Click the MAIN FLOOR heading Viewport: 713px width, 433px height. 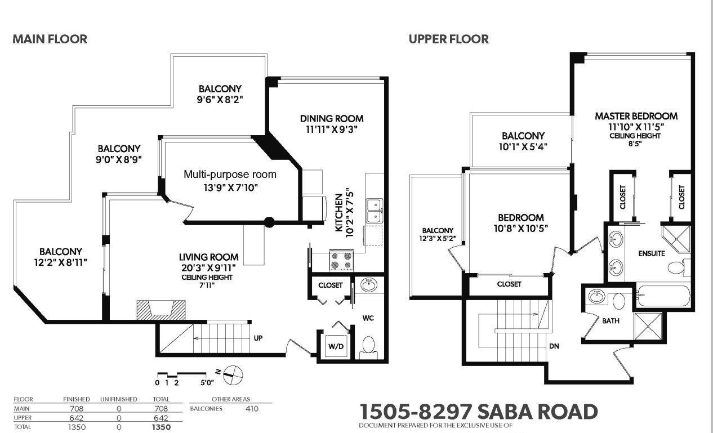pos(50,39)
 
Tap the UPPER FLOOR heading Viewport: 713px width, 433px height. pos(448,39)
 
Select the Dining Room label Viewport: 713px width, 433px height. pos(332,119)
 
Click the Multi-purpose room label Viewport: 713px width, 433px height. pos(230,175)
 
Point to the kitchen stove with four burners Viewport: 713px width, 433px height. pos(341,261)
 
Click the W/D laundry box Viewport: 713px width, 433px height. pos(336,346)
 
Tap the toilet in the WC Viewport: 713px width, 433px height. pos(368,348)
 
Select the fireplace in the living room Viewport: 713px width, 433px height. pos(161,310)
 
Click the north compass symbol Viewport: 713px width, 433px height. pos(233,376)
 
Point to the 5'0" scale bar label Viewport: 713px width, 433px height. pos(207,383)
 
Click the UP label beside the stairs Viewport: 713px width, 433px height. pos(258,338)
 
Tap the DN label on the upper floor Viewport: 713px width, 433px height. pos(554,346)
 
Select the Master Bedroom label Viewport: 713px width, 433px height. pos(636,116)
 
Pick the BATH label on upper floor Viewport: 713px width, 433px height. pos(611,321)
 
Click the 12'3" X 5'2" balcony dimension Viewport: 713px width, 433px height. pos(438,238)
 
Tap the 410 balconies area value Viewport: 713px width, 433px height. pos(252,408)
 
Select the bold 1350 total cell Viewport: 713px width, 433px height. pos(161,427)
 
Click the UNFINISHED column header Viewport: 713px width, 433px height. pos(118,399)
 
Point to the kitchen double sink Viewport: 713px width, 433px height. pos(375,211)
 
